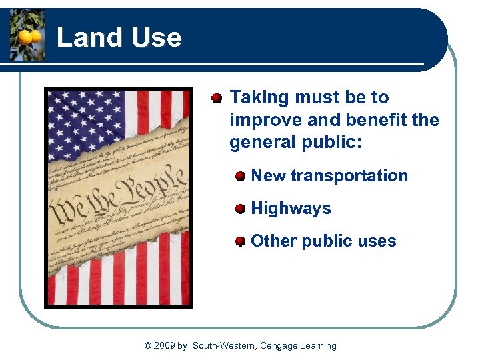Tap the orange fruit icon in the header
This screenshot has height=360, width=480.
tap(27, 35)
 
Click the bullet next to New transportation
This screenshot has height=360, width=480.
tap(240, 176)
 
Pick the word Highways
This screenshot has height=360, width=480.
tap(291, 209)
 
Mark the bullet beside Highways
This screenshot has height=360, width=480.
tap(240, 209)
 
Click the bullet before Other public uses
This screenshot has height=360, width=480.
tap(240, 241)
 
